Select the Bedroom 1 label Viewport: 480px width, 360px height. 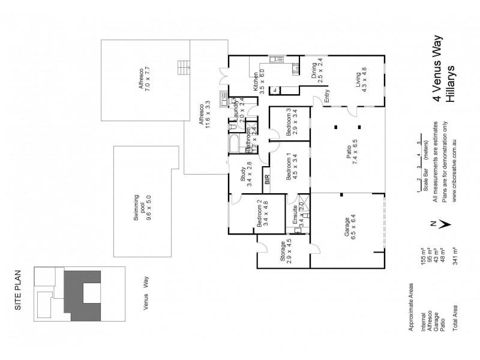pos(289,168)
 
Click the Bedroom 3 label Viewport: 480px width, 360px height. pos(289,122)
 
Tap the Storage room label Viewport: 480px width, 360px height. pos(281,253)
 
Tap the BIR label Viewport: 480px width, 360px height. pos(268,178)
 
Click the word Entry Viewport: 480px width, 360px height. pos(327,97)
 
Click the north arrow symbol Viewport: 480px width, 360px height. pos(442,223)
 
